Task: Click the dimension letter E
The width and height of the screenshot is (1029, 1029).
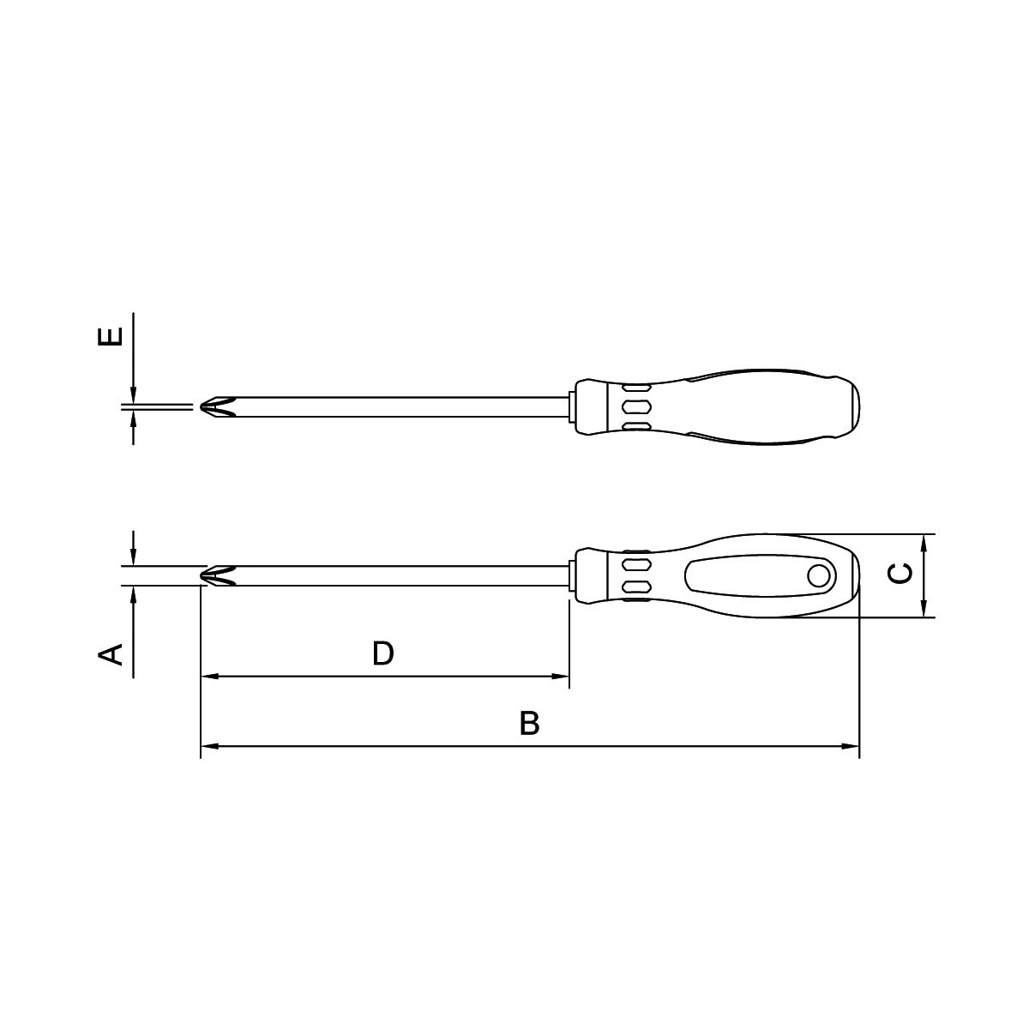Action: (x=111, y=337)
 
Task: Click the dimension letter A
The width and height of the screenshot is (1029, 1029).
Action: (x=111, y=654)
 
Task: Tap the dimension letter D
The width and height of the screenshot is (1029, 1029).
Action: (x=382, y=653)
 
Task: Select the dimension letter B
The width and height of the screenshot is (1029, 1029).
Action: (x=529, y=723)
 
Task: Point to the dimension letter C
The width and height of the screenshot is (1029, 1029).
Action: (x=900, y=573)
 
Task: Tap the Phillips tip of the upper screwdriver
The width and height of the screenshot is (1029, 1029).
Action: (x=218, y=407)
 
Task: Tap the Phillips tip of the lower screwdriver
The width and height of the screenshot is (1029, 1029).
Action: (x=218, y=575)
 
